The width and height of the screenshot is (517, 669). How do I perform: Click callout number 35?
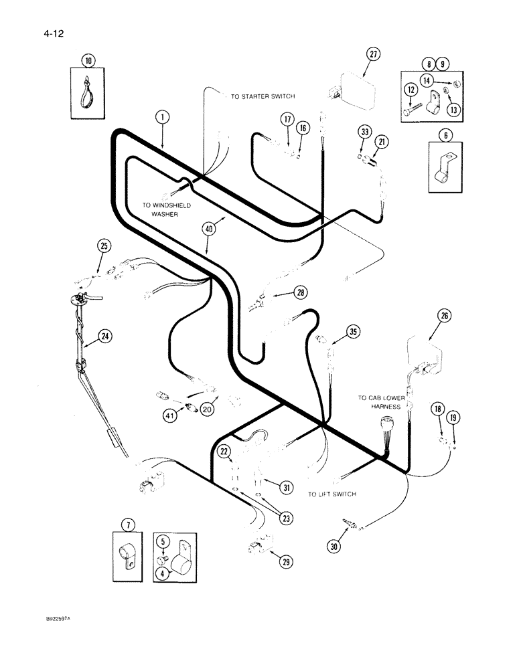[354, 330]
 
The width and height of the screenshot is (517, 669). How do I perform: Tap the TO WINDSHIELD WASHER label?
[166, 210]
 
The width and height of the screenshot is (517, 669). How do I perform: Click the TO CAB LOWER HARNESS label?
[378, 402]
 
